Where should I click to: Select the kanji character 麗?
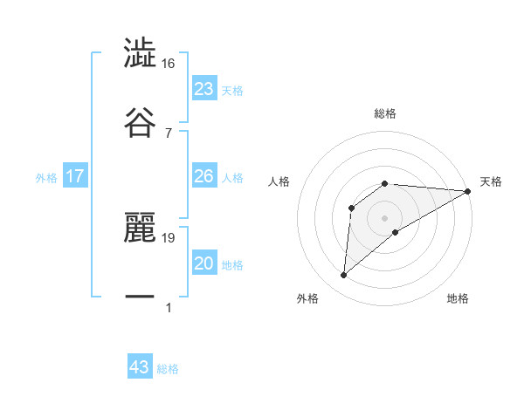(140, 229)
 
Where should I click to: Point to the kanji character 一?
(140, 297)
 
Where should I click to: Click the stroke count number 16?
(169, 64)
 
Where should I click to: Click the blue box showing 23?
(204, 89)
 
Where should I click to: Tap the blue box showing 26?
(204, 176)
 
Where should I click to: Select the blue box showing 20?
(204, 263)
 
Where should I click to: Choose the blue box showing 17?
(75, 176)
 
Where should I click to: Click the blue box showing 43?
(140, 367)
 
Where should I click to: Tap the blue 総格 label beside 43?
(169, 369)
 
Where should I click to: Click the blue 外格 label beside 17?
(46, 178)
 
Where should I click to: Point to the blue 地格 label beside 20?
(232, 265)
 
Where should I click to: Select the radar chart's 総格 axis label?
(385, 113)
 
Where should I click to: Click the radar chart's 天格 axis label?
(491, 181)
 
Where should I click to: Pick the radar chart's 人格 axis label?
(279, 181)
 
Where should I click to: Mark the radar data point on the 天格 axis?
(467, 191)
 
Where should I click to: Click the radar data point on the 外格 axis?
(343, 276)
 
